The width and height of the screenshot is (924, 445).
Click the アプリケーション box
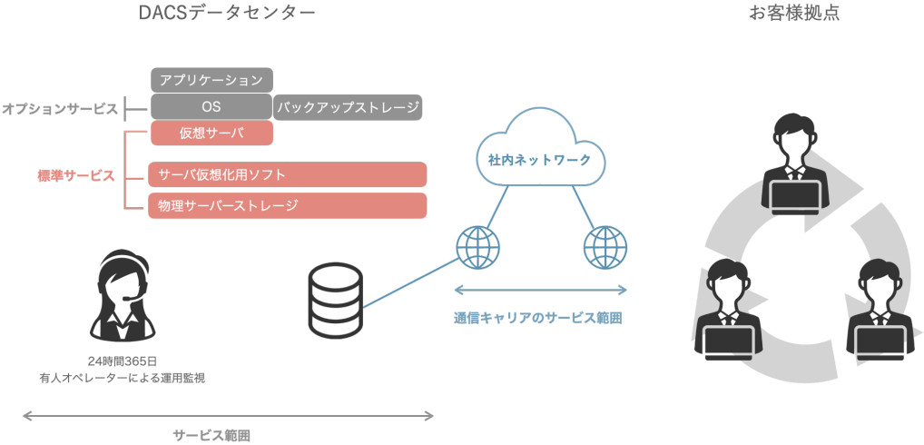coord(211,80)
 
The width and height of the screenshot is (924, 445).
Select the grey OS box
coord(211,107)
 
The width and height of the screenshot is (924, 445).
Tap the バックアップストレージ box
coord(348,107)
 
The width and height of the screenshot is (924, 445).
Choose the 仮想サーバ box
coord(211,133)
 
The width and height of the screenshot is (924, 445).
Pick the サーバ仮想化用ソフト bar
coord(287,174)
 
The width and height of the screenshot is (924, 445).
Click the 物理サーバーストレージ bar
coord(287,205)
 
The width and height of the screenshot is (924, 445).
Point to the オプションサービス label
coord(60,109)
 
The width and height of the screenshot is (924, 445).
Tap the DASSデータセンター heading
coord(227,13)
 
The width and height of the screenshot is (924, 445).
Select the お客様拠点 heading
coord(801,13)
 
